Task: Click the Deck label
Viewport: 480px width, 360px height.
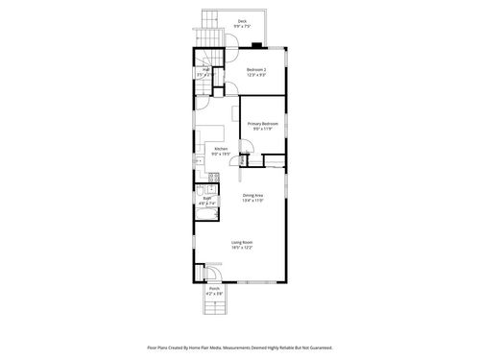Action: point(243,20)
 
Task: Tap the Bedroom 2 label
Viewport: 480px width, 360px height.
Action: point(255,69)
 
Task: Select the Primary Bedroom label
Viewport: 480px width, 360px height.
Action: point(263,123)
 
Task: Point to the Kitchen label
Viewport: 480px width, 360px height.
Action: point(221,148)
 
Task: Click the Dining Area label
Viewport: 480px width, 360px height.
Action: point(252,195)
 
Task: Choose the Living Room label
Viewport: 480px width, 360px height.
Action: point(241,242)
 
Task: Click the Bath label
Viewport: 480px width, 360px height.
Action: point(206,199)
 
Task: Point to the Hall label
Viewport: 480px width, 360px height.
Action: point(205,69)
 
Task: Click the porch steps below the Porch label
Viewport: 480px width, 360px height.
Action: point(215,306)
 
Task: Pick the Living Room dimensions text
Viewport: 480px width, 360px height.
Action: point(241,248)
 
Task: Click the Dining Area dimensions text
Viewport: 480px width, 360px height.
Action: point(252,201)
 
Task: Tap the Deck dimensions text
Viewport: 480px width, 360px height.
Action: point(243,26)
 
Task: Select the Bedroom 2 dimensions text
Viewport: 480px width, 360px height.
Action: point(255,75)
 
